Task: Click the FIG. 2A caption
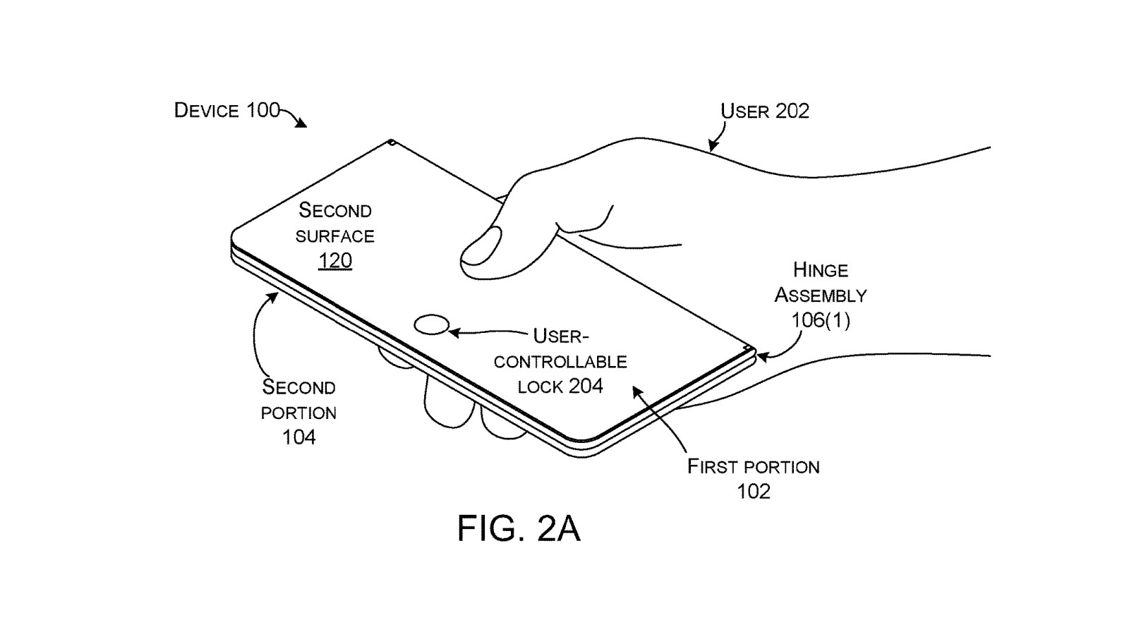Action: pos(519,528)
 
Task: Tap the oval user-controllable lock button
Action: pos(431,325)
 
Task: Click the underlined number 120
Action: pos(334,261)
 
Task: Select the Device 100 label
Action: pos(227,111)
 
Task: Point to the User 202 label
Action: pos(764,111)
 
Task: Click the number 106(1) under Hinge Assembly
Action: pos(820,321)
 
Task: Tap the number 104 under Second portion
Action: pos(298,437)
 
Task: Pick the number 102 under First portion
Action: pos(754,492)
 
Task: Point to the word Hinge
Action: pos(820,270)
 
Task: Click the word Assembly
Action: pos(820,296)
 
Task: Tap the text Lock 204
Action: pos(560,387)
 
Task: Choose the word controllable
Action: pos(560,362)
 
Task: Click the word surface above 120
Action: pos(334,236)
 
